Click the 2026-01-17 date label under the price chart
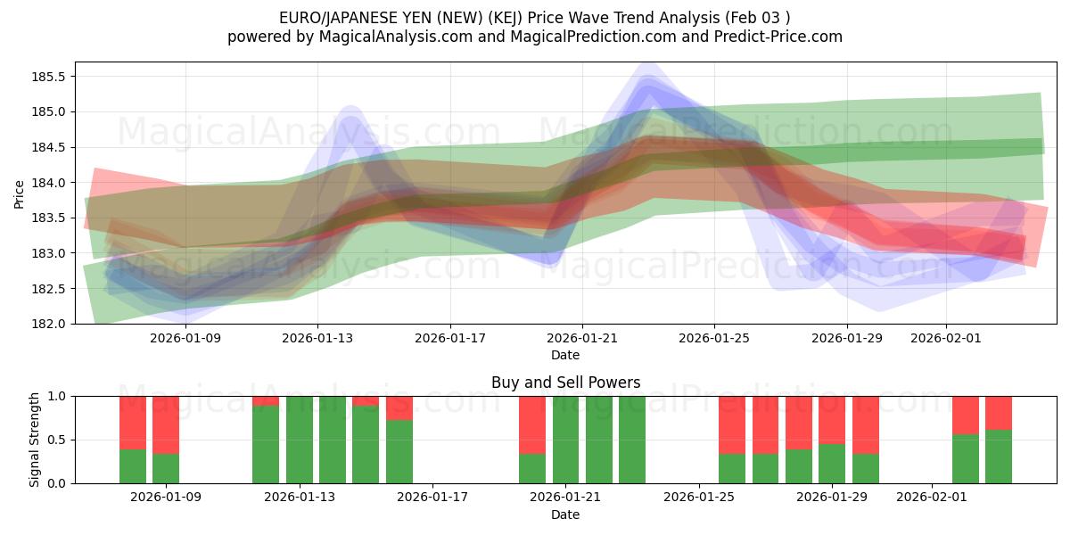(449, 339)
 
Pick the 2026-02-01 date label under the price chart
(945, 339)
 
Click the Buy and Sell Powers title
(565, 383)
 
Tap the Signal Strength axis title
(35, 440)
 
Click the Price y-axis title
(20, 193)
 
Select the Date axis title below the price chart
(565, 355)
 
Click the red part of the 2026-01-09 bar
(166, 424)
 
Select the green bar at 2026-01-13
(299, 440)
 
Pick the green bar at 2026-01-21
(565, 440)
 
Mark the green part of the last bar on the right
(999, 457)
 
